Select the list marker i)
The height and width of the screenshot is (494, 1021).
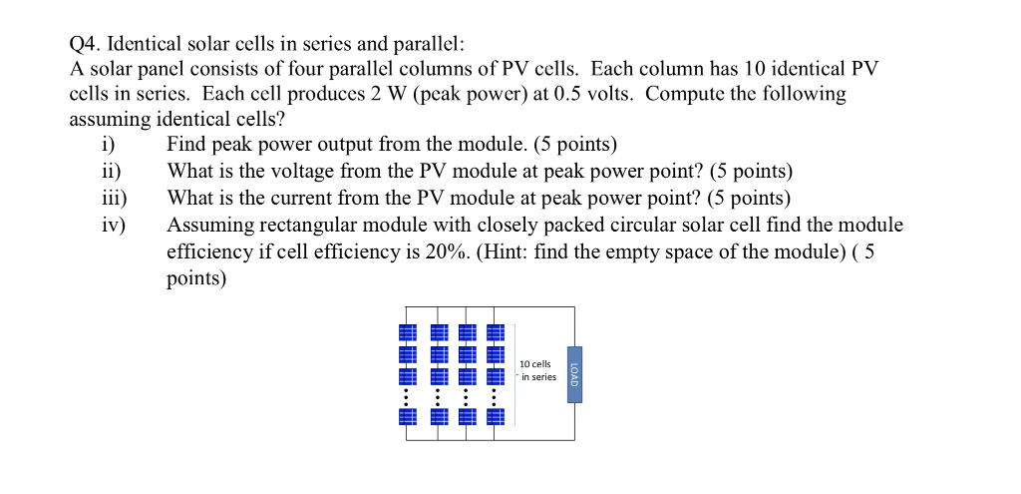109,145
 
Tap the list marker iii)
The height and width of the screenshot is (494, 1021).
114,199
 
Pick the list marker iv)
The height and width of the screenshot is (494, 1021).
114,226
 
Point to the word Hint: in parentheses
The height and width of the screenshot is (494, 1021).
504,252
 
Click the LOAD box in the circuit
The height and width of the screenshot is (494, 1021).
574,374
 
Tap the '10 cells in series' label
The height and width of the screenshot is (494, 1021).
537,370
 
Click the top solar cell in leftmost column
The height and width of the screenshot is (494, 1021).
408,332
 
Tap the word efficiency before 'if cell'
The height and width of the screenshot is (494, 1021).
210,252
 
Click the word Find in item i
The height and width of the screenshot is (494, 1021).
186,145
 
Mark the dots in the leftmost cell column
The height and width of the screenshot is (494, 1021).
407,397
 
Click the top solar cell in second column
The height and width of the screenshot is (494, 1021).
440,332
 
